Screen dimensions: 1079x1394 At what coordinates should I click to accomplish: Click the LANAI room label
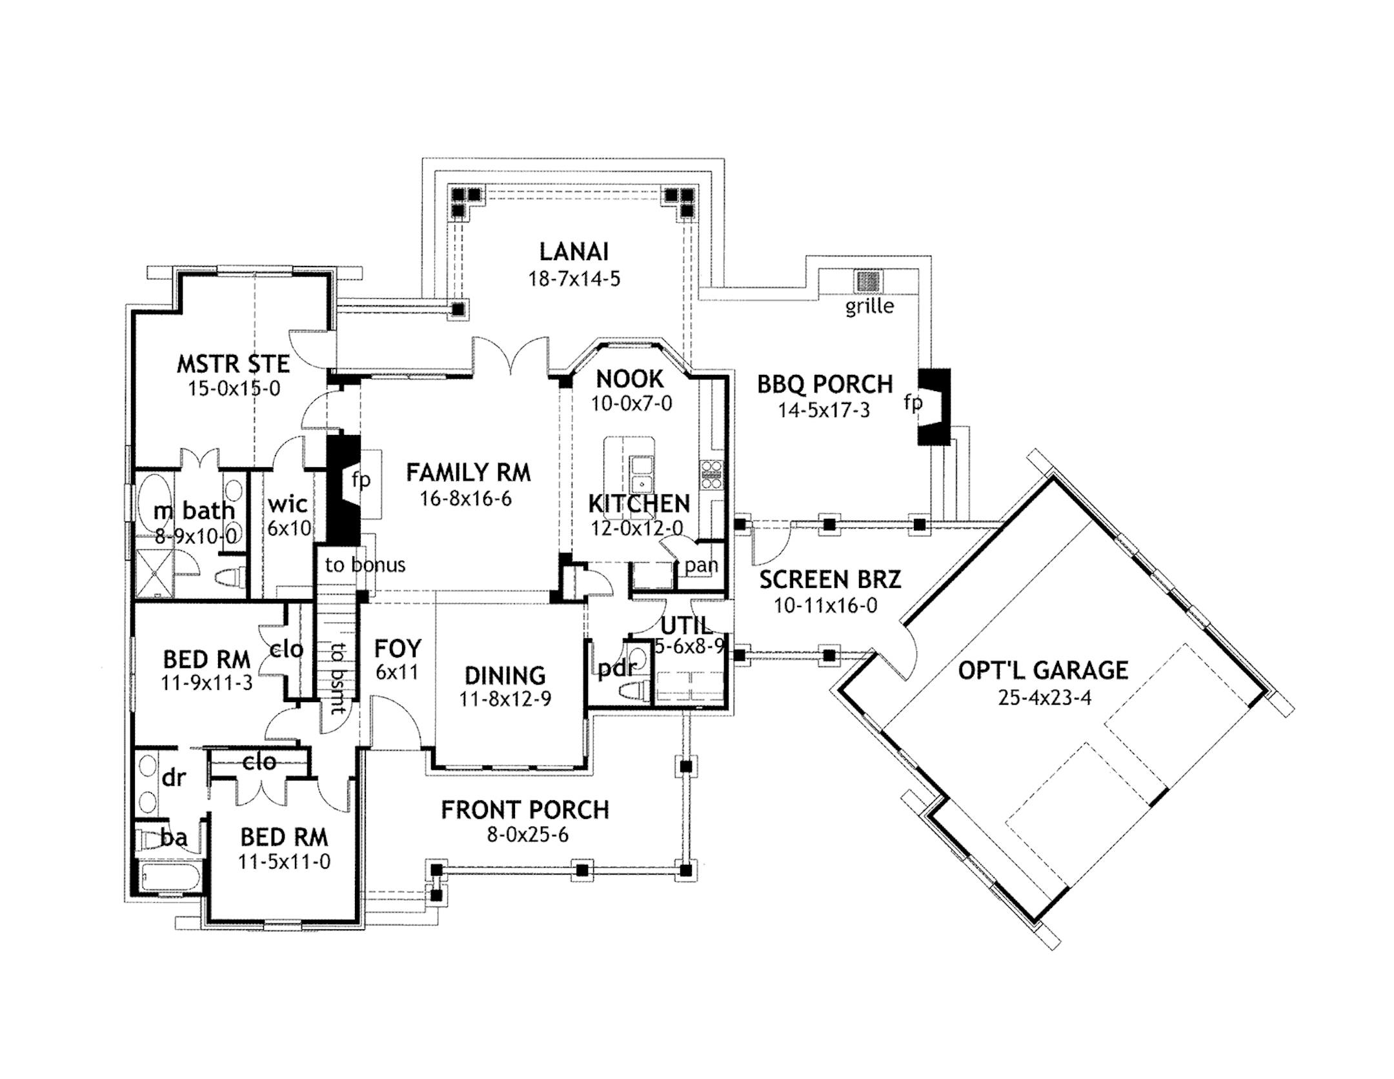[573, 252]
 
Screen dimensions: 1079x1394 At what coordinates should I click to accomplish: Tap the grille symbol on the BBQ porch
[868, 281]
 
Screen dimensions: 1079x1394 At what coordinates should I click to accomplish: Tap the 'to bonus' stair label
[365, 565]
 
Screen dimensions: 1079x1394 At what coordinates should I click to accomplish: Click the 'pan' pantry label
[701, 565]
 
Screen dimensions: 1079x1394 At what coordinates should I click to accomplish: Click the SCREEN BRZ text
[829, 580]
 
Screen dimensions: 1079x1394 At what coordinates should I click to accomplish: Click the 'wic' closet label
[287, 504]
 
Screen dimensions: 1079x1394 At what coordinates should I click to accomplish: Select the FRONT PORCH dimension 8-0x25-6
[527, 835]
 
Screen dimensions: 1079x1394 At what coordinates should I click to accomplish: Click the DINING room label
[505, 676]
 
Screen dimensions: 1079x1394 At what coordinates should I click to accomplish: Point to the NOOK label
[629, 379]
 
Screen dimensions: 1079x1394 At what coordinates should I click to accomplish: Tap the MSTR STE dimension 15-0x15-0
[234, 388]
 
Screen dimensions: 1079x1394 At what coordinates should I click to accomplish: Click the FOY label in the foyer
[398, 648]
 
